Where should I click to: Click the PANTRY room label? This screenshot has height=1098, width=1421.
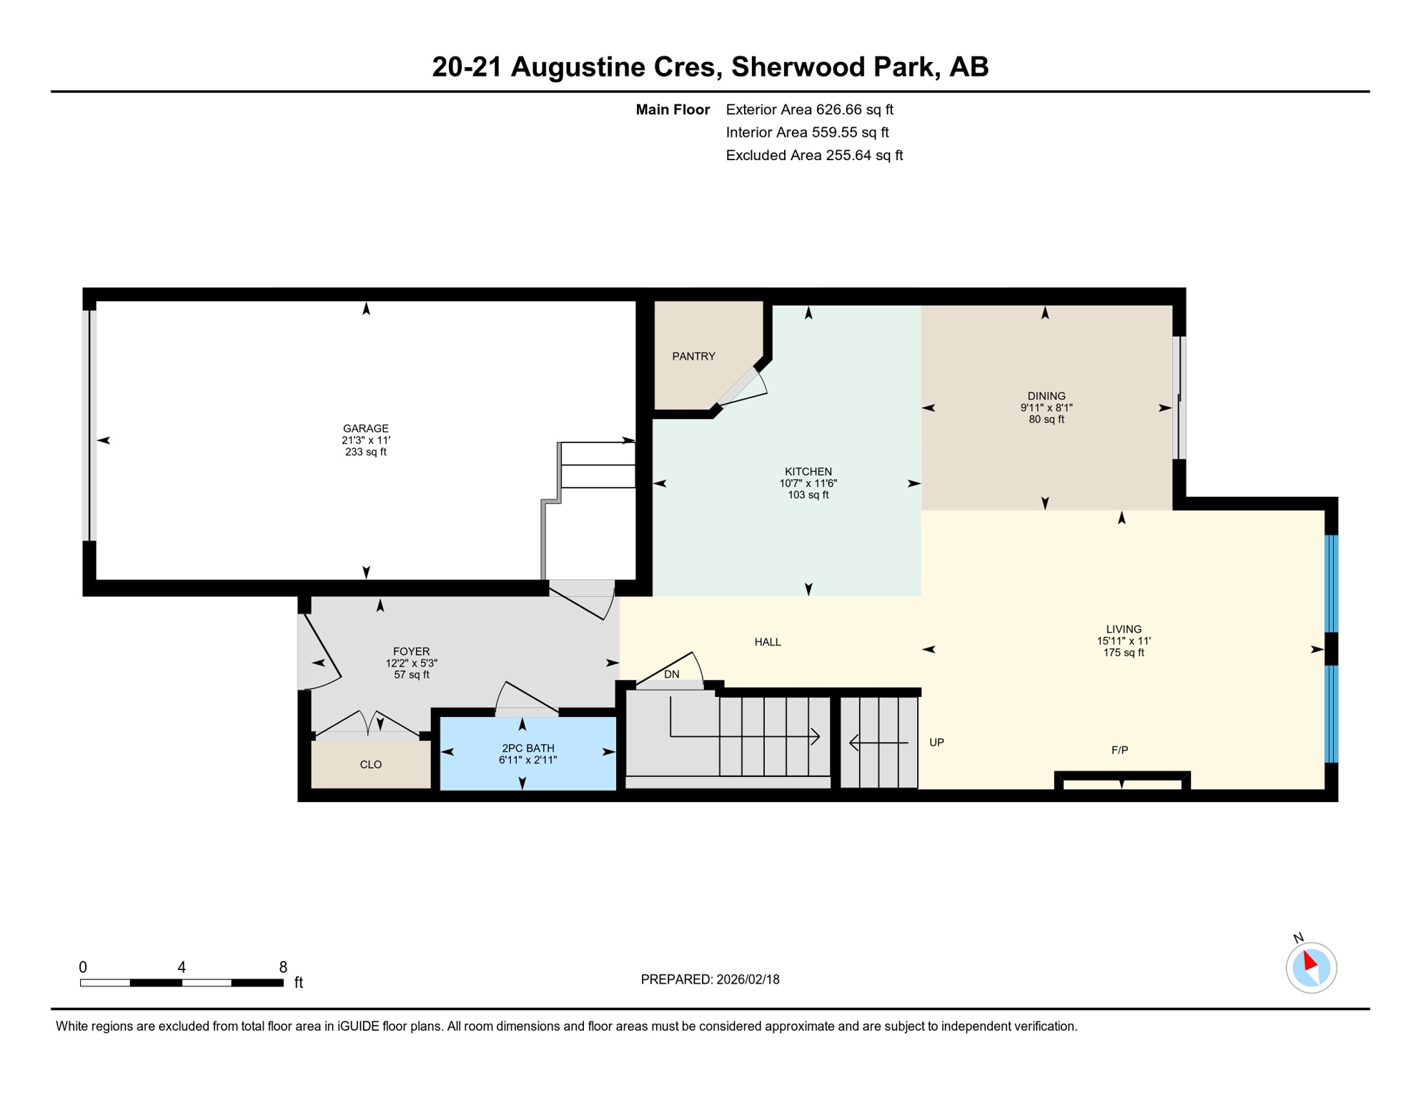click(693, 356)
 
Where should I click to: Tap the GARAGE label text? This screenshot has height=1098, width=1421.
click(365, 428)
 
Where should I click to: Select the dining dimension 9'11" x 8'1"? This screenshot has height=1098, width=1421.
click(1046, 407)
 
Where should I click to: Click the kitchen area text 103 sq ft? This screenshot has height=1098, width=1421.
click(808, 495)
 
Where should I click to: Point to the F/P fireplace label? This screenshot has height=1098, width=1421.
click(1119, 750)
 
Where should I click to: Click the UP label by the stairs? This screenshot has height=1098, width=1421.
click(936, 742)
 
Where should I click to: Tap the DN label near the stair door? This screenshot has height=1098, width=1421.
click(671, 674)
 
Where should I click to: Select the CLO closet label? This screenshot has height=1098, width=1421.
click(370, 764)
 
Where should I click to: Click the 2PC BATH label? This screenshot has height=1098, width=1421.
click(528, 748)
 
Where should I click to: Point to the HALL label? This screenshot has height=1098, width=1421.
click(767, 642)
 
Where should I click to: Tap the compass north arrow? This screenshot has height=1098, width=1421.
click(1309, 961)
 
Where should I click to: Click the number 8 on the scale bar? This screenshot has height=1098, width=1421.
click(283, 967)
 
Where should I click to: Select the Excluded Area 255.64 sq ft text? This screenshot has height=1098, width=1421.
click(813, 155)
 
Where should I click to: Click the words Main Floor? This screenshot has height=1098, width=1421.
click(672, 109)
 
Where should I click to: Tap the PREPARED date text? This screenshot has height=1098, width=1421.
click(709, 979)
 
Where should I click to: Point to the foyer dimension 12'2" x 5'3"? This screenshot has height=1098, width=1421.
click(411, 663)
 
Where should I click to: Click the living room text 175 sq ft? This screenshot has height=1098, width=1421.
click(1123, 653)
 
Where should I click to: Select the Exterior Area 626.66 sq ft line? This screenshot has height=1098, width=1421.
click(809, 109)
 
